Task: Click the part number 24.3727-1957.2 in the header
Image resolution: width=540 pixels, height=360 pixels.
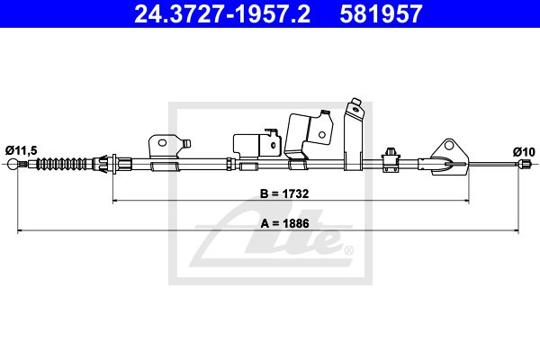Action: [x=222, y=13]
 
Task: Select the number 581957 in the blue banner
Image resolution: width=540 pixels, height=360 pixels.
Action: [x=381, y=13]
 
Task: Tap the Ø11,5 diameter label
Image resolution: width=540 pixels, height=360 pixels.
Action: [x=21, y=150]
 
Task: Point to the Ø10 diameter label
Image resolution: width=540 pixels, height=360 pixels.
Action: [x=524, y=151]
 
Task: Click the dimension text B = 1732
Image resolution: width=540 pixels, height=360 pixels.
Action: [x=284, y=193]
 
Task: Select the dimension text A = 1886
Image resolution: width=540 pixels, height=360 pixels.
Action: [x=284, y=223]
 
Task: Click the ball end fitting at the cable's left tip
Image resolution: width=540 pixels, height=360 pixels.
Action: [x=13, y=164]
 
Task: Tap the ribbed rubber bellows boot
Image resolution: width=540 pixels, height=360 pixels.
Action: [x=62, y=164]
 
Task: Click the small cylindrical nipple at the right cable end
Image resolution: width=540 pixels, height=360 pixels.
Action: [x=523, y=164]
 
